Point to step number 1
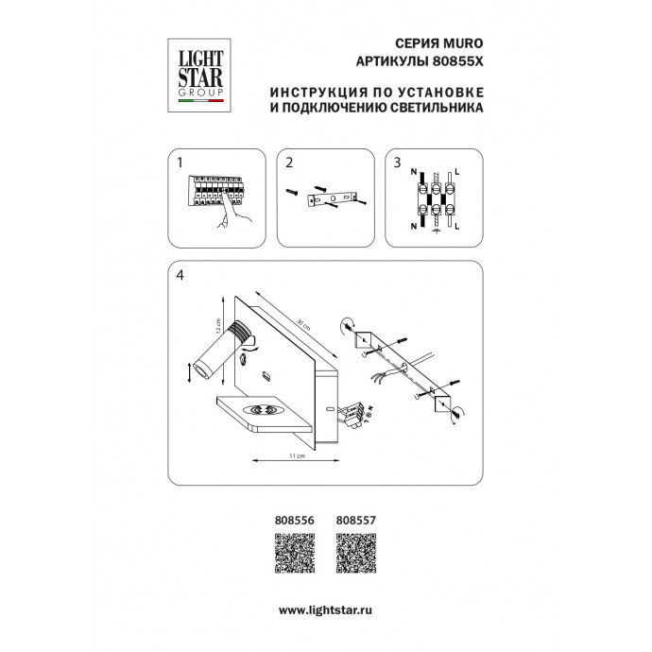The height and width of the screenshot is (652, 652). click(179, 163)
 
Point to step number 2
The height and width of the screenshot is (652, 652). click(291, 163)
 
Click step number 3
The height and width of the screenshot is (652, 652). click(397, 163)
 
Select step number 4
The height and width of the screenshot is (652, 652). click(180, 276)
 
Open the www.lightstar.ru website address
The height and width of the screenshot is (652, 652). click(326, 611)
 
